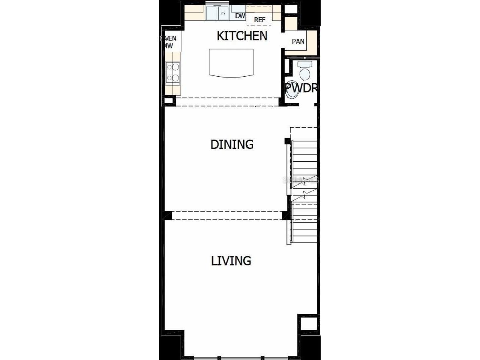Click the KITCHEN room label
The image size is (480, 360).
(242, 36)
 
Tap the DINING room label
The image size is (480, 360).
(232, 144)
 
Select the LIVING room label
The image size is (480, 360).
(231, 261)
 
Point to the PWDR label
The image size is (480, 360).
(301, 88)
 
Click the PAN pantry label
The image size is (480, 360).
(298, 41)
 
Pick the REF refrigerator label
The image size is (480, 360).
(260, 19)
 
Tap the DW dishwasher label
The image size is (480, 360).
(240, 16)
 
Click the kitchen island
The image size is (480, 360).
(231, 63)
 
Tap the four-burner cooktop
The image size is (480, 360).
(173, 73)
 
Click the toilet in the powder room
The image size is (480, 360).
(305, 74)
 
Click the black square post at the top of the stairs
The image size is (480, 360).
(287, 141)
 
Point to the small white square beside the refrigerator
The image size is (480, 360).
(292, 8)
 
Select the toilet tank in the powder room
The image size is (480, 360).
(305, 64)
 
